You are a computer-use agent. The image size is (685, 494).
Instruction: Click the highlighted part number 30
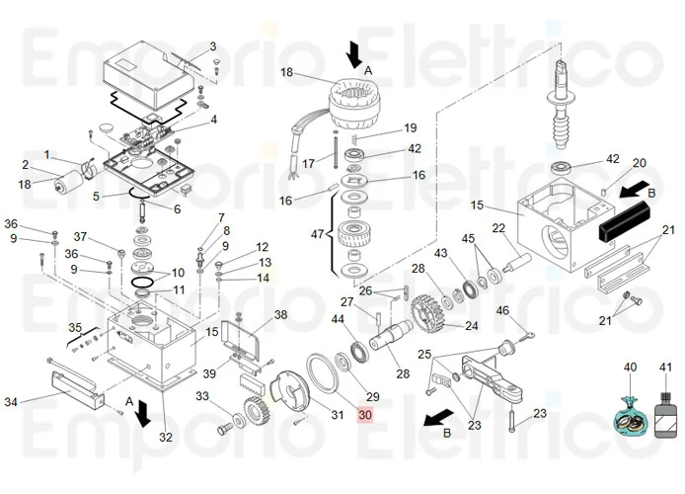pyautogui.click(x=365, y=415)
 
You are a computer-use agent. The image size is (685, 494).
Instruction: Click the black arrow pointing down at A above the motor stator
pyautogui.click(x=353, y=49)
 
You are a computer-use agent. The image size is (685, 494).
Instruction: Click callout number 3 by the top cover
pyautogui.click(x=211, y=46)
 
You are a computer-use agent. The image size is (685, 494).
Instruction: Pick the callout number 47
pyautogui.click(x=317, y=235)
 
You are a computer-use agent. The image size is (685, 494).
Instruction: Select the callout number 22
pyautogui.click(x=498, y=228)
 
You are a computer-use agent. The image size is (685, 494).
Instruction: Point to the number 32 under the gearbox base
pyautogui.click(x=166, y=437)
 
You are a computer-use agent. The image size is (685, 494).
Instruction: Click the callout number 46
pyautogui.click(x=502, y=311)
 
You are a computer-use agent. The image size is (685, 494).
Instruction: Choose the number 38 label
pyautogui.click(x=281, y=315)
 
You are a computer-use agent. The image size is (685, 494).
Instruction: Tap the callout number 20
pyautogui.click(x=640, y=163)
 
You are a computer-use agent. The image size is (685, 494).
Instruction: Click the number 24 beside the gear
pyautogui.click(x=471, y=325)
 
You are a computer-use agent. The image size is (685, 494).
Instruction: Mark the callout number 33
pyautogui.click(x=201, y=396)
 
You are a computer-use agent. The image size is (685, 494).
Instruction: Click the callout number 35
pyautogui.click(x=75, y=328)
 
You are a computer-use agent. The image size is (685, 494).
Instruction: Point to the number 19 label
pyautogui.click(x=411, y=127)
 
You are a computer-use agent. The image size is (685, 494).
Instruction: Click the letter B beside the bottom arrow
pyautogui.click(x=446, y=432)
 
